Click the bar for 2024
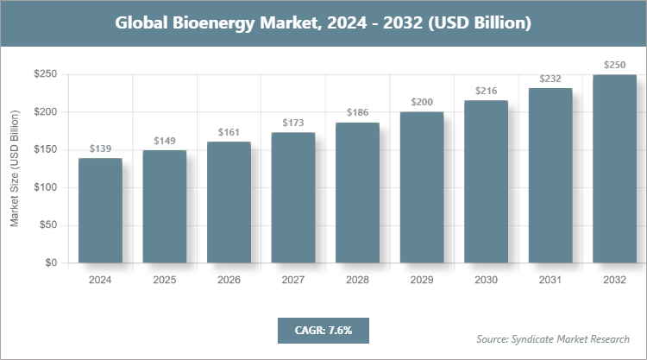tap(100, 211)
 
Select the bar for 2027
tap(292, 198)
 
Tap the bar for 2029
tap(421, 187)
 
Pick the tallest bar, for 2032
tap(614, 168)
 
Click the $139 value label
tap(100, 149)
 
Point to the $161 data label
tap(229, 133)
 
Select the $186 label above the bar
tap(357, 113)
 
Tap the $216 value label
tap(486, 91)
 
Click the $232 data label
tap(550, 79)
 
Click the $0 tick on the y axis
tap(50, 262)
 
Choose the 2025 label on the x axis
tap(164, 280)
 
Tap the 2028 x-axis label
tap(357, 280)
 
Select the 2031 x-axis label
tap(550, 280)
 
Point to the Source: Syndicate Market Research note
tap(552, 338)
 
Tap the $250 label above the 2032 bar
tap(614, 65)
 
